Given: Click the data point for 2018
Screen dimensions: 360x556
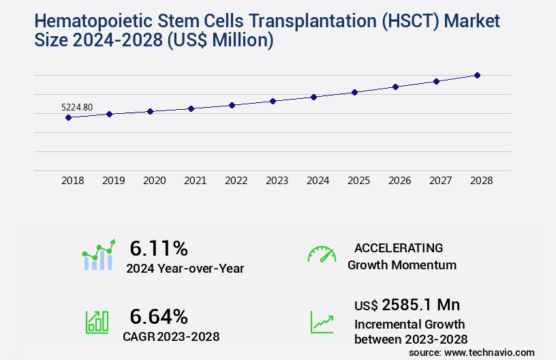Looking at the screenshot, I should tap(68, 117).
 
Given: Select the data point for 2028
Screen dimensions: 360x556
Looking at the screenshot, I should tap(477, 75).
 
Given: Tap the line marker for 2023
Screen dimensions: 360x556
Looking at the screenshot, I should tap(273, 101).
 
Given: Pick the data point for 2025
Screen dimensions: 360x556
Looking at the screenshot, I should tap(354, 92).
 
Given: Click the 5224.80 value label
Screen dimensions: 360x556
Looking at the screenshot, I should tap(77, 107).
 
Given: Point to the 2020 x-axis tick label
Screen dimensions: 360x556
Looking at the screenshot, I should tap(155, 181).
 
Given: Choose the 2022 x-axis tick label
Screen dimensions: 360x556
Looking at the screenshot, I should tap(236, 181).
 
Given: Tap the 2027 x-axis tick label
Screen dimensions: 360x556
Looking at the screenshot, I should tap(441, 181).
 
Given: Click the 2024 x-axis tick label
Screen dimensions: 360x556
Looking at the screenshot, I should tap(318, 181).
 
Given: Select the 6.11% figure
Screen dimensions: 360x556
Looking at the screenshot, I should tap(159, 248).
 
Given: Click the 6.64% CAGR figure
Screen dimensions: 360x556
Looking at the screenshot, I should tap(159, 316).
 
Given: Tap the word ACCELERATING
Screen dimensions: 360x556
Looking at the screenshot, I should tap(399, 248).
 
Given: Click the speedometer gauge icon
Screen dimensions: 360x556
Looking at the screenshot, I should tap(322, 254).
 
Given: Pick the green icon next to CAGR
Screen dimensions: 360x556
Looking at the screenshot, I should tap(97, 322).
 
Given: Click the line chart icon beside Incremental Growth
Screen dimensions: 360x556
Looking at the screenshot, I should tap(322, 322).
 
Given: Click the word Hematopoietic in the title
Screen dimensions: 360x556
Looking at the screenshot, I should tap(92, 21).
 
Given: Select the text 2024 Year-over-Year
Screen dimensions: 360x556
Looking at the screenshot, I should tap(185, 269).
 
